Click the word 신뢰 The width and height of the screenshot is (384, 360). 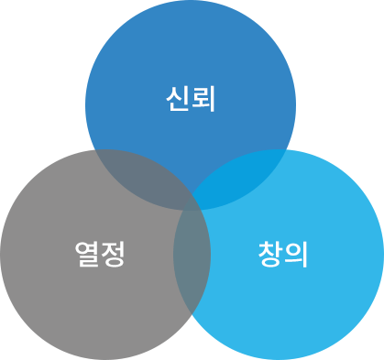tap(191, 97)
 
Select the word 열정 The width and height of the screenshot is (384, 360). tap(99, 253)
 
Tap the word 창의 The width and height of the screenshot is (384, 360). tap(283, 253)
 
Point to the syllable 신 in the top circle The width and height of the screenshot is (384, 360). tap(178, 97)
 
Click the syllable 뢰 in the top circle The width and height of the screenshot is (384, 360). tap(203, 97)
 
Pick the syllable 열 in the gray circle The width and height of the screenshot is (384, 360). tap(86, 253)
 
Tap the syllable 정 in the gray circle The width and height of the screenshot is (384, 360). tap(112, 253)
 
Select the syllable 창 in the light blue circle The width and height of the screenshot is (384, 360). tap(270, 253)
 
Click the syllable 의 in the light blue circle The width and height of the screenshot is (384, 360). tap(296, 253)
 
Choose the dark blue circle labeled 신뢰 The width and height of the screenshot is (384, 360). tap(191, 55)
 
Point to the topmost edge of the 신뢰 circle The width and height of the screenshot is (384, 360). tap(191, 1)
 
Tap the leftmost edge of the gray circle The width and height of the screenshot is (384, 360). tap(1, 254)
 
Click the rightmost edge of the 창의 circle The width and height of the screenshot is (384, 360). tap(383, 254)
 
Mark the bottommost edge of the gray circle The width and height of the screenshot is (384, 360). tap(105, 358)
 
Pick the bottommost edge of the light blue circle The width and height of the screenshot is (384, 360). tap(279, 358)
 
